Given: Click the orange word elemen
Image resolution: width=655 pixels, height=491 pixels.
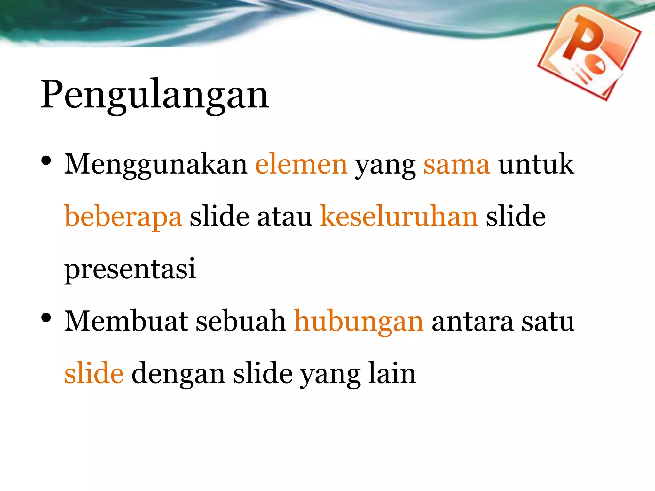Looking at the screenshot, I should pyautogui.click(x=301, y=165).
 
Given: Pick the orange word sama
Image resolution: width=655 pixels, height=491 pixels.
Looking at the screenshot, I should pyautogui.click(x=457, y=165).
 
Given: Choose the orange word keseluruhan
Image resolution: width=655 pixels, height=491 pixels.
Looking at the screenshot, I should pyautogui.click(x=399, y=216).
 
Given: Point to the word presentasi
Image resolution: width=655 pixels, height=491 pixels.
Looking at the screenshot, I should pyautogui.click(x=130, y=269).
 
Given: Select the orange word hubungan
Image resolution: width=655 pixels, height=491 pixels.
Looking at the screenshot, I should pyautogui.click(x=359, y=322).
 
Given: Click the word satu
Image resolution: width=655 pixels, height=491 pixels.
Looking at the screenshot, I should pyautogui.click(x=548, y=322).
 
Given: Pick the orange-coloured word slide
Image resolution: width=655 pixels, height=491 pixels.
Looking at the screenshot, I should pyautogui.click(x=94, y=373).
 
